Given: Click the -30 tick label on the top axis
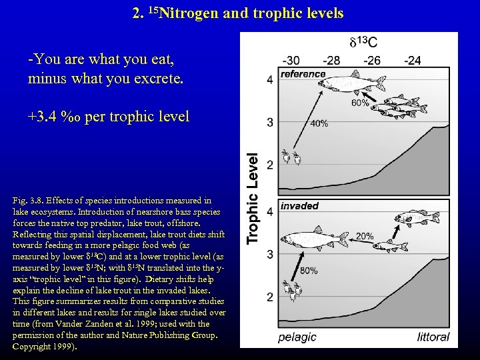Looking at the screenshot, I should (291, 61).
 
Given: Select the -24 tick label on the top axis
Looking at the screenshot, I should (413, 61).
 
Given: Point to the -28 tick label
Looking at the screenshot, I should (331, 61).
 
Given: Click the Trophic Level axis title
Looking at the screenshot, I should (253, 199).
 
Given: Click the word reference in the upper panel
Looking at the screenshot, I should (303, 74).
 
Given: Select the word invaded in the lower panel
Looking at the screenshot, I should (299, 206).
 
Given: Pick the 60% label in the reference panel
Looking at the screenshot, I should (360, 103).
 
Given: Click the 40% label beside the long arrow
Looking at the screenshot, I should (319, 123).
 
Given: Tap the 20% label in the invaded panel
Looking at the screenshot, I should (365, 237).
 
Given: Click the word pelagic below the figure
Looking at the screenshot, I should (297, 337).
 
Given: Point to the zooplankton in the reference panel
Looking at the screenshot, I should (291, 157).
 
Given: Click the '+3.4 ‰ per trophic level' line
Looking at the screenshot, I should (109, 117).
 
